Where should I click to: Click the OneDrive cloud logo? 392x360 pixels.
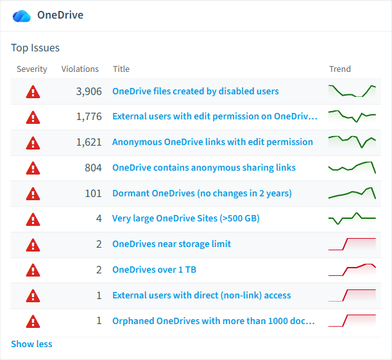coord(22,16)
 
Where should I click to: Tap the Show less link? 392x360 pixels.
coord(31,344)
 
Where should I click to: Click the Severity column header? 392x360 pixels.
coord(31,69)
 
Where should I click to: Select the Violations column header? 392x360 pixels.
coord(80,69)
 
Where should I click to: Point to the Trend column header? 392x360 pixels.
coord(340,69)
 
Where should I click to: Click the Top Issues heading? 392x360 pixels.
coord(35,47)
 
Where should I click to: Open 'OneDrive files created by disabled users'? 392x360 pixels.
coord(196,91)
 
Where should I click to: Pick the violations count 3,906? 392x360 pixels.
coord(89,92)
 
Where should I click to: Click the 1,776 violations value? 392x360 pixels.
coord(89,117)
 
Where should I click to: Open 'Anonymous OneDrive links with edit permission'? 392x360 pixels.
coord(212,142)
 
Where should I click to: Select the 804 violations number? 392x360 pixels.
coord(93,167)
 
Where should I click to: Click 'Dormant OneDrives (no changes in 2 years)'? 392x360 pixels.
coord(202,193)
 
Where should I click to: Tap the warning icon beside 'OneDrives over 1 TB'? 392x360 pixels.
coord(33,270)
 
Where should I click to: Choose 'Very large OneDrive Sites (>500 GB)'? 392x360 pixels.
coord(186,218)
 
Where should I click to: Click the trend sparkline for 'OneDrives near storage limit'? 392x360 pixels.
coord(352,244)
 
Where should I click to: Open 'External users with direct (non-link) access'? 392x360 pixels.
coord(201,295)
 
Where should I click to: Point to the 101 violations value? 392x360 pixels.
coord(93,194)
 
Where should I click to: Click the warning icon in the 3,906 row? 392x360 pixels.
coord(33,92)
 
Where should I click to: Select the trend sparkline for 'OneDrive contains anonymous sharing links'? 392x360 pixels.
coord(352,167)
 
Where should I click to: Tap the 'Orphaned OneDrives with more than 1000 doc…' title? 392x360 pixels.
coord(214,321)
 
